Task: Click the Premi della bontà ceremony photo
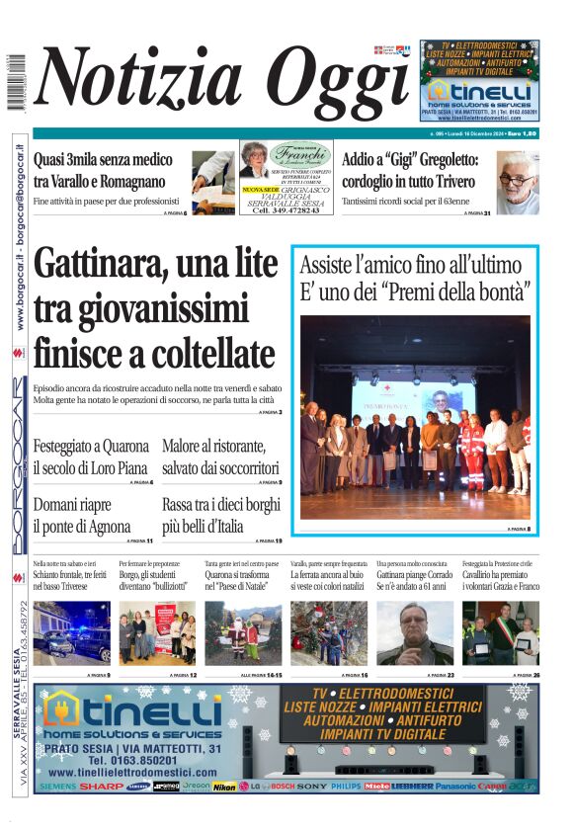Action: [415, 418]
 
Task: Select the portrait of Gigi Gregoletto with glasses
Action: [517, 183]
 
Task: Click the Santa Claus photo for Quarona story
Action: [243, 632]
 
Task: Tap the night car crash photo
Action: [71, 632]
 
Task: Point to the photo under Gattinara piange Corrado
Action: [415, 632]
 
